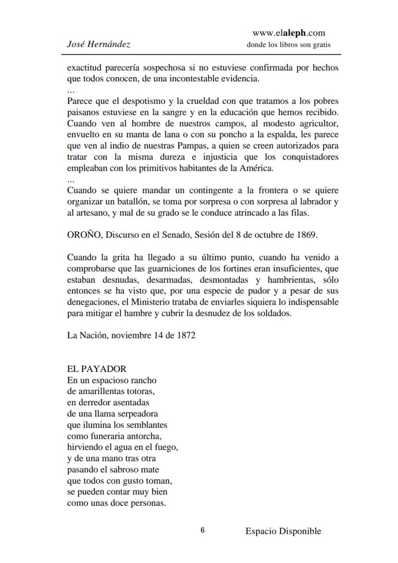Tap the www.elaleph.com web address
[288, 33]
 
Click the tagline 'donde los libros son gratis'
[288, 45]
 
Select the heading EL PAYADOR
[97, 369]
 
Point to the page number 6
[202, 530]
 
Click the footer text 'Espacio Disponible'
[283, 531]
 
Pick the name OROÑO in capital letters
[85, 235]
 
